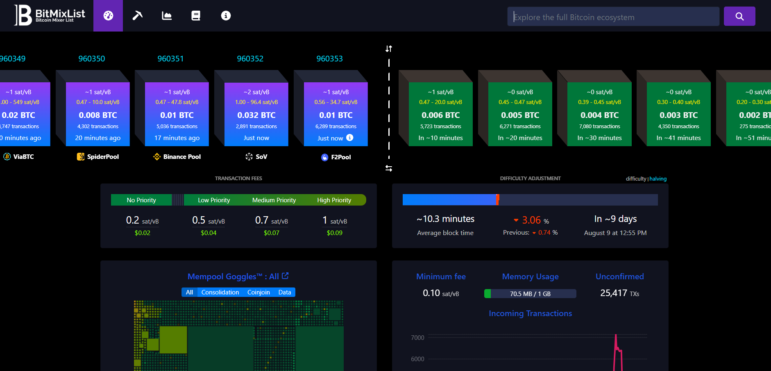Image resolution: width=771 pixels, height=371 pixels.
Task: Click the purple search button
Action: tap(739, 16)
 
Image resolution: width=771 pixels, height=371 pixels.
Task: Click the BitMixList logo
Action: tap(50, 16)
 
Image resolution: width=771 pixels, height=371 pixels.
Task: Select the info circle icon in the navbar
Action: tap(226, 16)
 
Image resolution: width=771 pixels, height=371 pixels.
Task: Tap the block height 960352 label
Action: tap(250, 59)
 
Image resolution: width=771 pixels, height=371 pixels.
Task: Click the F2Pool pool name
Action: tap(341, 157)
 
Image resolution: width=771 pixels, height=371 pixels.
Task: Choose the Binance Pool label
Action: tap(182, 156)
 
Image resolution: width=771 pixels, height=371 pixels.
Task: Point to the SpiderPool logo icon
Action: tap(81, 156)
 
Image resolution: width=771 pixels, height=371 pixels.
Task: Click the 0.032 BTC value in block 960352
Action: tap(256, 115)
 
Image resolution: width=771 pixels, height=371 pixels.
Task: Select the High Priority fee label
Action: tap(334, 200)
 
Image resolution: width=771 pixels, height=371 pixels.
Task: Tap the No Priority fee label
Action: tap(141, 200)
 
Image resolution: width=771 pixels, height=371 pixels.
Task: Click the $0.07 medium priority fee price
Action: tap(272, 233)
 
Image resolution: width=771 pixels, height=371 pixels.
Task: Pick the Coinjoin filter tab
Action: tap(259, 292)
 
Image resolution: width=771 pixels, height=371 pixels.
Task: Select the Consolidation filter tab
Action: tap(220, 292)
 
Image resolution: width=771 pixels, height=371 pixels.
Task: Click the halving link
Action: tap(658, 179)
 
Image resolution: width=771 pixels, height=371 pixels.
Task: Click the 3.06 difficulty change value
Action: tap(531, 220)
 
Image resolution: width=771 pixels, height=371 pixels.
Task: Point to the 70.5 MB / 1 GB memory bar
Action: tap(530, 294)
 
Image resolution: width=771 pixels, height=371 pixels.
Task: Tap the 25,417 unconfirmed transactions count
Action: tap(614, 293)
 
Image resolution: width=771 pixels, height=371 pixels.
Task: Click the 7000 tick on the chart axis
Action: tap(417, 338)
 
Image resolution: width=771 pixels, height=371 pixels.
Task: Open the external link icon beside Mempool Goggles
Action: tap(285, 276)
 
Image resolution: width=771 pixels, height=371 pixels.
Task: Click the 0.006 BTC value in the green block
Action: tap(441, 115)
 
